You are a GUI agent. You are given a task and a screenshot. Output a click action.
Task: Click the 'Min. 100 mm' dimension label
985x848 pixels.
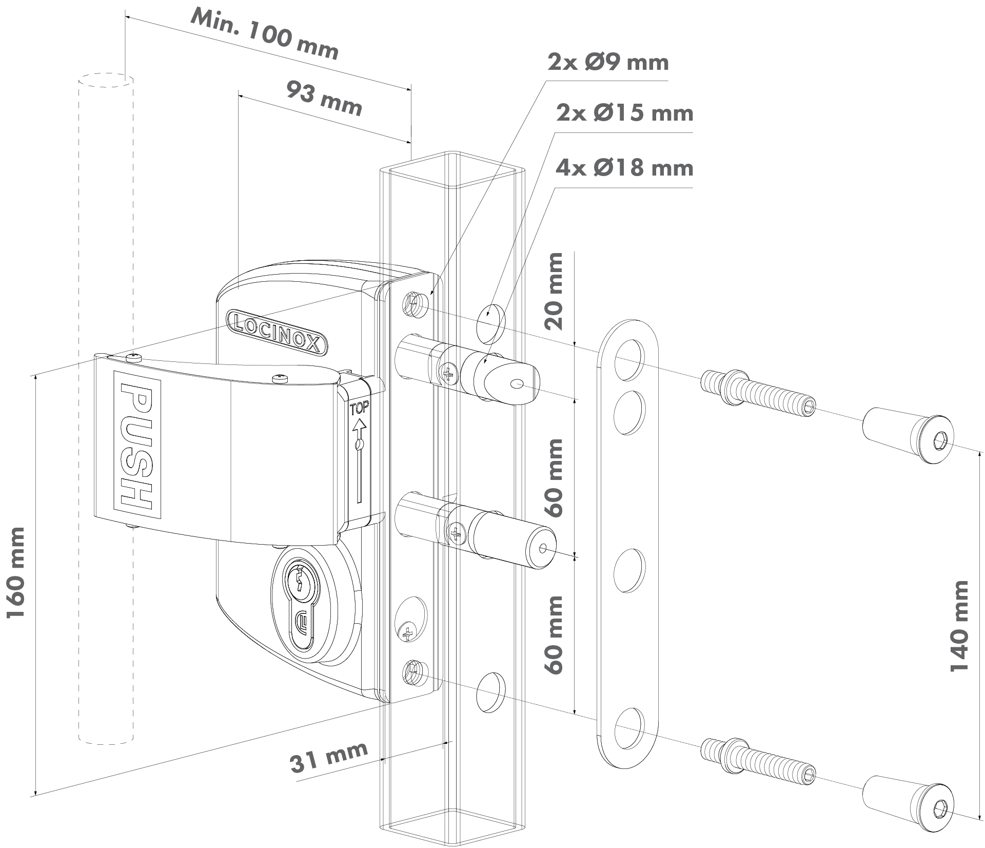click(x=264, y=34)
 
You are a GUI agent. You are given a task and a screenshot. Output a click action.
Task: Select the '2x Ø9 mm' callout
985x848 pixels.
click(x=608, y=63)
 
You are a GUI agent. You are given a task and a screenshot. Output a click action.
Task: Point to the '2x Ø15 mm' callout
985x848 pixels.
click(x=624, y=113)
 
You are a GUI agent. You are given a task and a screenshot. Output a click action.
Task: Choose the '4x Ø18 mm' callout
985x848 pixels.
click(x=624, y=168)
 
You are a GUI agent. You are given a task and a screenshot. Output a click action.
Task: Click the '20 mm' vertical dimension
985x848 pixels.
click(x=554, y=291)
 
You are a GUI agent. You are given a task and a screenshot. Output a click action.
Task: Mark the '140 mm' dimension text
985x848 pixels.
click(x=958, y=626)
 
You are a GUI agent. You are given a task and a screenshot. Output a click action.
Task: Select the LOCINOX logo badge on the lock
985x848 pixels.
click(x=277, y=331)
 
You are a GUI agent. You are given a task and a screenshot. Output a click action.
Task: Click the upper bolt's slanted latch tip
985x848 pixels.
click(x=513, y=382)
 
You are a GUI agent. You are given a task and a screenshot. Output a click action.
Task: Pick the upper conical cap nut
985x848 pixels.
click(x=908, y=437)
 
